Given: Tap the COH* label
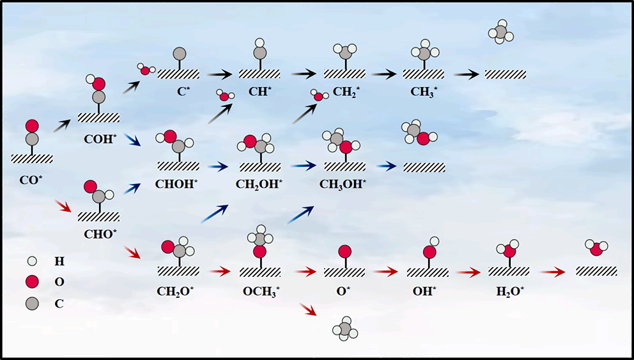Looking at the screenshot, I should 100,138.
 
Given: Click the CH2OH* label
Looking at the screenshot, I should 259,184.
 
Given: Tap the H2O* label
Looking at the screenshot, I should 510,292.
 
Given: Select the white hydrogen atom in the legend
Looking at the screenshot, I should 33,261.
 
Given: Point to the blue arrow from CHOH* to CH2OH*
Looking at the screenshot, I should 219,167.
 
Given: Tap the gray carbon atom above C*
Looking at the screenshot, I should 180,53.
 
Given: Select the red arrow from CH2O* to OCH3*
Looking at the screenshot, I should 219,272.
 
